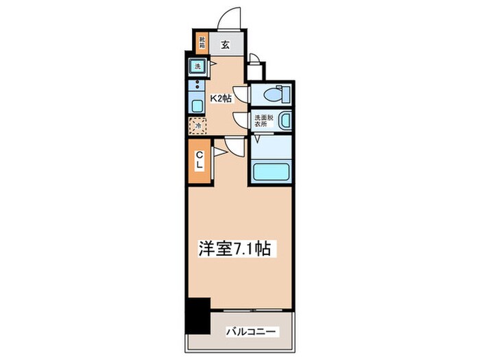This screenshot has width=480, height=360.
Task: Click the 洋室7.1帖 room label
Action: [239, 249]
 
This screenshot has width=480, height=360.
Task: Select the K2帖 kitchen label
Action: [220, 98]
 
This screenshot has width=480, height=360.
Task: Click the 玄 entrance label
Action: [224, 46]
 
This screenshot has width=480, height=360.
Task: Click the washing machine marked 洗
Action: [197, 67]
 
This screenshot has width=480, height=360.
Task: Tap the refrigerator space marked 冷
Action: [197, 126]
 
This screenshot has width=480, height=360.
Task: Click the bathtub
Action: [271, 170]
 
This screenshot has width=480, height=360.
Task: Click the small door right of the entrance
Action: [254, 60]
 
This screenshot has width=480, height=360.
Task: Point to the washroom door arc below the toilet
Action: [241, 120]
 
